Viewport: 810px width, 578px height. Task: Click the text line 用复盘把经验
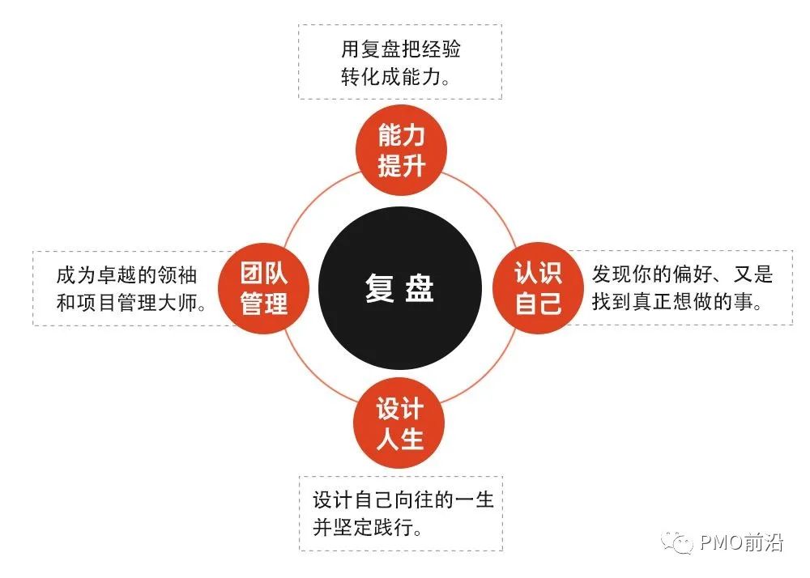tap(401, 50)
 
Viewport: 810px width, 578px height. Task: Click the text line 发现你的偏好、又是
tap(682, 274)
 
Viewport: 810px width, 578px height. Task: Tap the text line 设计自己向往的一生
tap(403, 499)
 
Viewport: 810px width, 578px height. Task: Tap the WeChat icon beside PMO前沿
tap(676, 543)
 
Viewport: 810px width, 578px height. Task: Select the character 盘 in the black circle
tap(420, 289)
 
